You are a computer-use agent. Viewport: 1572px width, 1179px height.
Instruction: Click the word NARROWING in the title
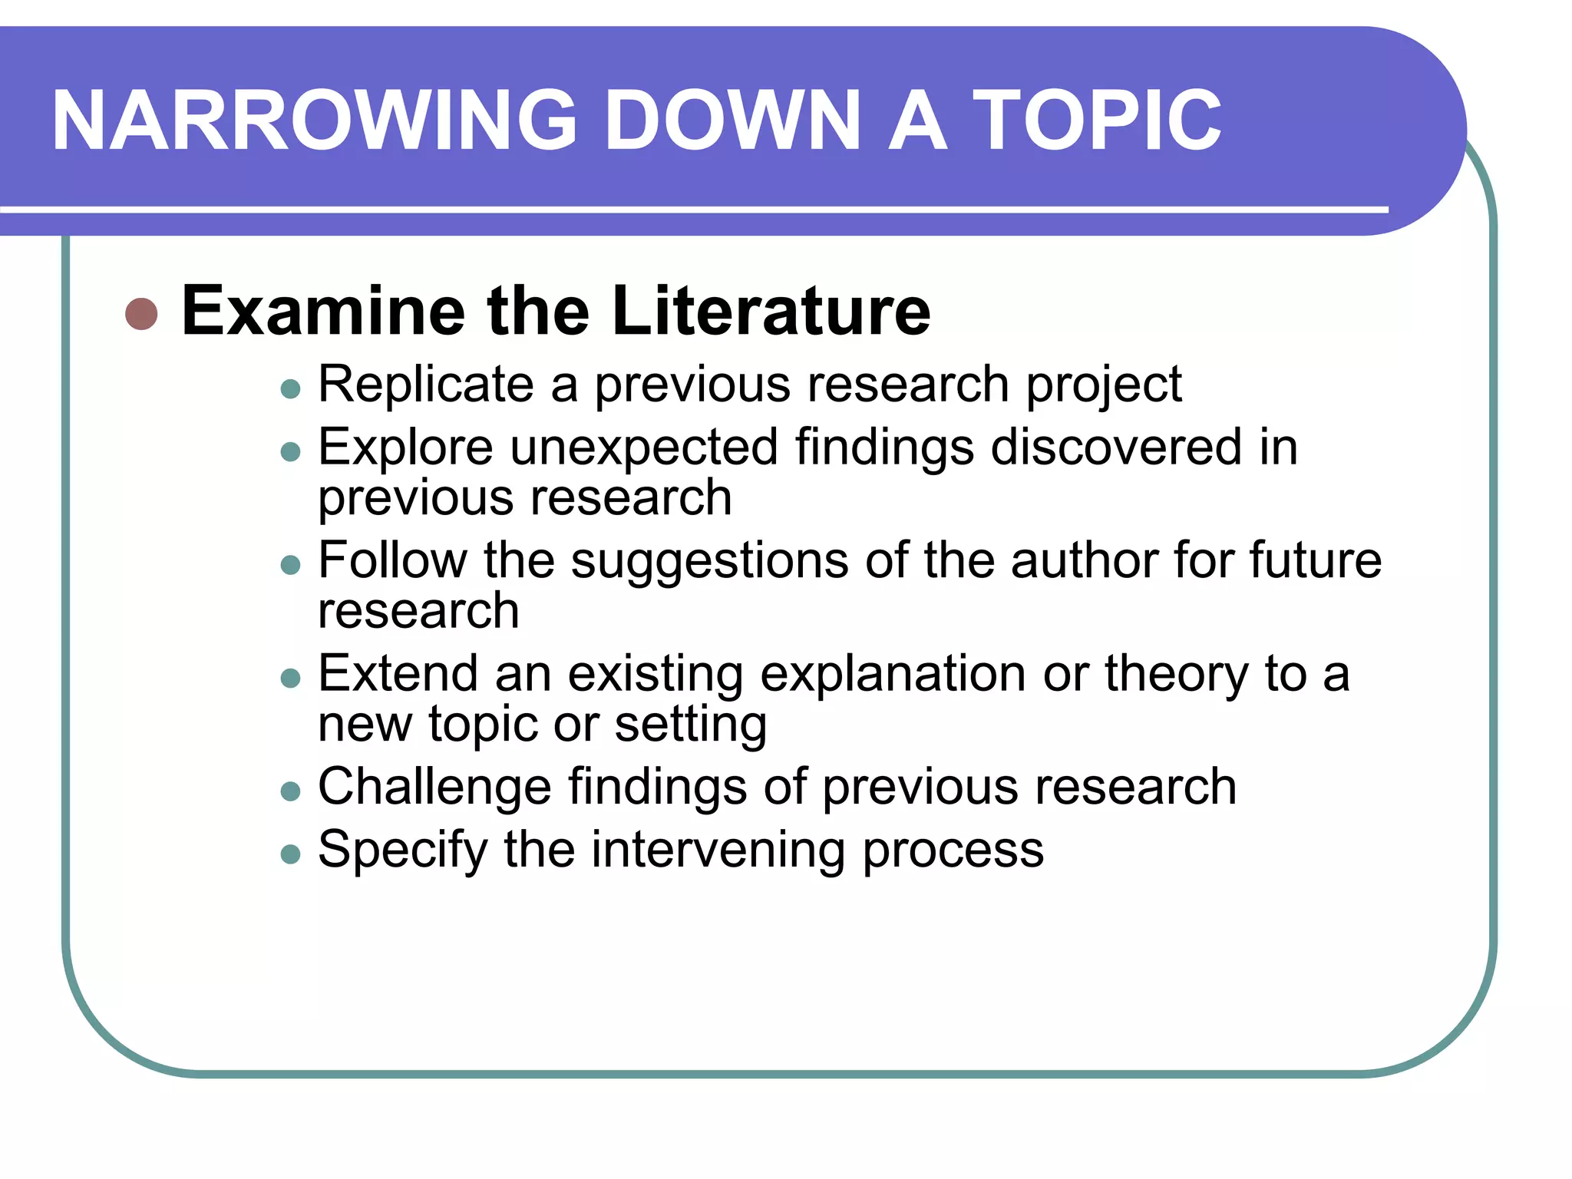point(314,121)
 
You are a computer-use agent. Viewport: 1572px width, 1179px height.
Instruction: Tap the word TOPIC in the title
point(1097,121)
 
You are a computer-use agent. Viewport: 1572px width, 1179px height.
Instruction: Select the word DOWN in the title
point(733,121)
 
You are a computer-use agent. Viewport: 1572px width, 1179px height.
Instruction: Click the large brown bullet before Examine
point(141,313)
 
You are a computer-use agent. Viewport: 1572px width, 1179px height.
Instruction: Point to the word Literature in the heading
point(771,311)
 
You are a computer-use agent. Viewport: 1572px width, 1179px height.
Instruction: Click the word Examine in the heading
point(323,311)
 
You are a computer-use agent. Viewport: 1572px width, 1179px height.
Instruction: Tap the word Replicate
point(426,384)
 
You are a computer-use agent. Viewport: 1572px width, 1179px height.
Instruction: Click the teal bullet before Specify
point(290,854)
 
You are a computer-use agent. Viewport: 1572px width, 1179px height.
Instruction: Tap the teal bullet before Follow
point(290,566)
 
